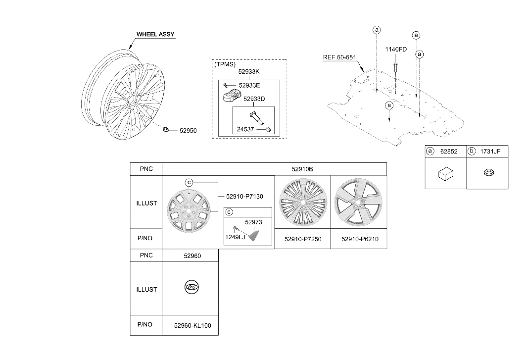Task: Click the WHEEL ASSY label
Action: [155, 34]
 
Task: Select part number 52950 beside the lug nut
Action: [188, 131]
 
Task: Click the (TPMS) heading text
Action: [225, 64]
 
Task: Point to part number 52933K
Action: [249, 71]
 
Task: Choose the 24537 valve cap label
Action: [245, 129]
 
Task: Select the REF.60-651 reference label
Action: [339, 57]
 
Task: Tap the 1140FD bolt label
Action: [396, 50]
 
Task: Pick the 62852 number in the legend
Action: [449, 152]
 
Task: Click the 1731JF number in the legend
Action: [490, 152]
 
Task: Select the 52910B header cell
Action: [302, 169]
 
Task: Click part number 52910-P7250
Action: [303, 239]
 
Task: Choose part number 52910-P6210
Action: [360, 239]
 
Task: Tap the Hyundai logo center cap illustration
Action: [191, 288]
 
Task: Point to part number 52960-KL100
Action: [192, 325]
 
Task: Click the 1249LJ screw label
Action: [235, 237]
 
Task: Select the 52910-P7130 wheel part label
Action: [244, 197]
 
